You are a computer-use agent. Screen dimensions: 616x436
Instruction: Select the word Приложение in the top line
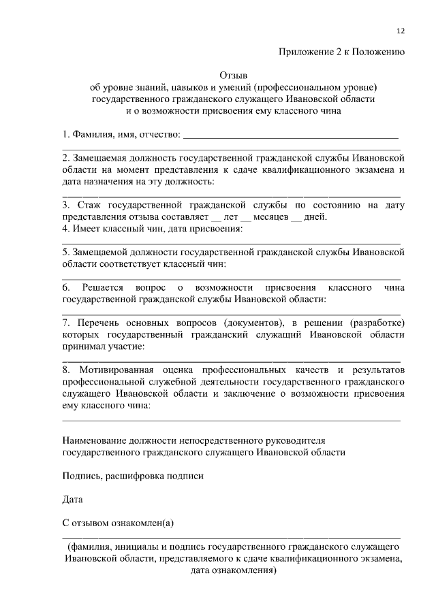[x=303, y=52]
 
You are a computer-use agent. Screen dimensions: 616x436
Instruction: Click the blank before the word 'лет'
[x=216, y=218]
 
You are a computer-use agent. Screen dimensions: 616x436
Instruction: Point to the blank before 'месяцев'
[x=247, y=218]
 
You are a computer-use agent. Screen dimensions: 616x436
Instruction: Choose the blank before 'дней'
[x=296, y=218]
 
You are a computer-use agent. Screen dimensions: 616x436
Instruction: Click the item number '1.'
[x=66, y=132]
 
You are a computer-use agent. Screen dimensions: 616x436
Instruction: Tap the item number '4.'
[x=66, y=229]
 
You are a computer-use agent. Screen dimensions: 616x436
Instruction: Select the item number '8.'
[x=66, y=370]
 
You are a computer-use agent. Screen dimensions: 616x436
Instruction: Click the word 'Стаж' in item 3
[x=90, y=205]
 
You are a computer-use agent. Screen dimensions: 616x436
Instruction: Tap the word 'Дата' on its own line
[x=72, y=500]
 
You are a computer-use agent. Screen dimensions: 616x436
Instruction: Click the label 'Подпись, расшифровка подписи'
[x=133, y=476]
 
